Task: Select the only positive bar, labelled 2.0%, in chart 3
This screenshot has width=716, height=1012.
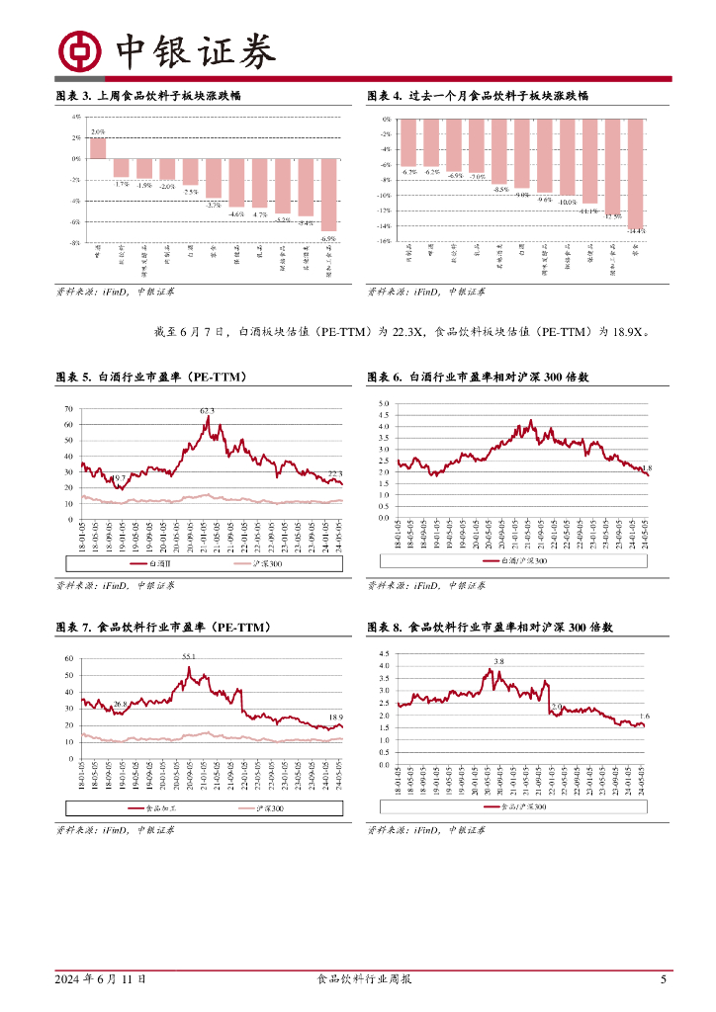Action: click(98, 147)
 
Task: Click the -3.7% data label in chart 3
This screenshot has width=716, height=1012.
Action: click(214, 205)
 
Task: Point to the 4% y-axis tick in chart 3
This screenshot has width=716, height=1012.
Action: click(76, 117)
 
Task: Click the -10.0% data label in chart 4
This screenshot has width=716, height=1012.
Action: click(567, 203)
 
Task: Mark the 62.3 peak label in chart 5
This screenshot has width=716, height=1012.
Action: click(207, 410)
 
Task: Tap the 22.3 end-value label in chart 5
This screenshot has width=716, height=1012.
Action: click(335, 473)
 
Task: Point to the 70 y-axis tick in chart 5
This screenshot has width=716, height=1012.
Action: click(68, 409)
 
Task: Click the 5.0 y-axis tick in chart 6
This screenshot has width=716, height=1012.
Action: click(385, 404)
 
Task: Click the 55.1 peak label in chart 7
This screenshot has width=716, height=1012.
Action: click(188, 656)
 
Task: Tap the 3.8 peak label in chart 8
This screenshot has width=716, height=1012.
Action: click(498, 660)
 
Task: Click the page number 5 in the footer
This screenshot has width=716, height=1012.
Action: click(664, 979)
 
